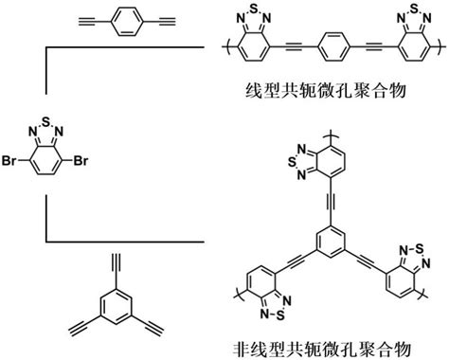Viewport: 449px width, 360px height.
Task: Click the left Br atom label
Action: [9, 161]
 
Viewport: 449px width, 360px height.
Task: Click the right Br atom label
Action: [81, 161]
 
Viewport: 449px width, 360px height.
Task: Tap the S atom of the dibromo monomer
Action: [46, 120]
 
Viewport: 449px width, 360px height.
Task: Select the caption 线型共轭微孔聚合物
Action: [326, 91]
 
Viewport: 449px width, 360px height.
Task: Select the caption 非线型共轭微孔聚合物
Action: [322, 350]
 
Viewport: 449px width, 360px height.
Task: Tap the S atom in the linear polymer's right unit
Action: [414, 9]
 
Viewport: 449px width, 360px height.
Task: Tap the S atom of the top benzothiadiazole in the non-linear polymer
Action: [293, 162]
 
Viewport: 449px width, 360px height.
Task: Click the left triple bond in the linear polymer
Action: [295, 47]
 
